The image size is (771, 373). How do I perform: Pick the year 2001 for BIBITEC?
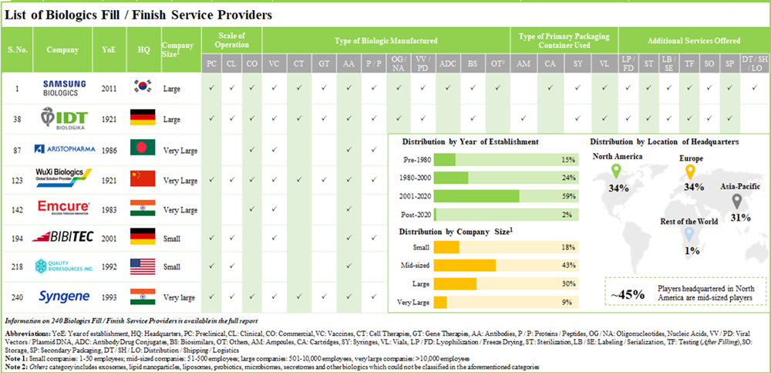[109, 238]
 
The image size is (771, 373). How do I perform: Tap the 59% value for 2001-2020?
[569, 196]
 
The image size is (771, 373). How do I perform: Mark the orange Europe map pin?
[690, 171]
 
